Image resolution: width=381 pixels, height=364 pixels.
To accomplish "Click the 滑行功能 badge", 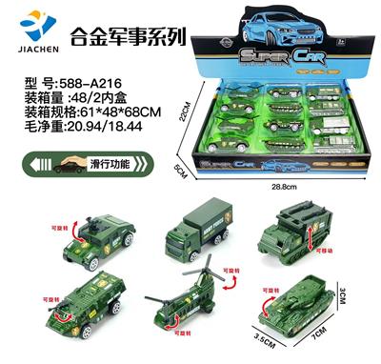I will click(x=74, y=164).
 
